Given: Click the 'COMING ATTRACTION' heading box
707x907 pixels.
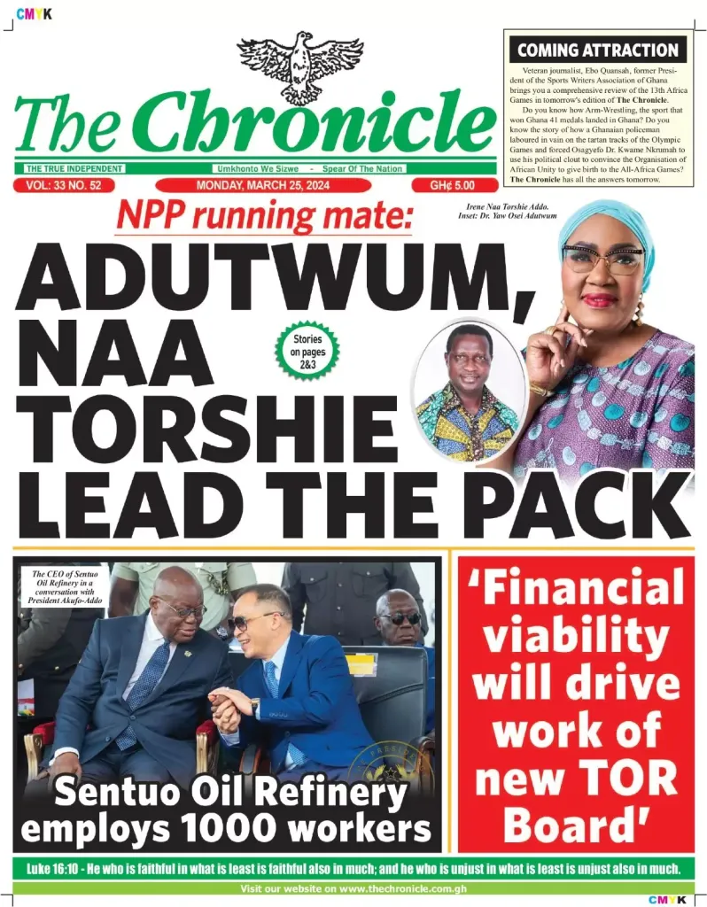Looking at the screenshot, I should click(x=599, y=50).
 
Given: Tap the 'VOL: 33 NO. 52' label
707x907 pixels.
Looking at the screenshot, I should click(x=58, y=185).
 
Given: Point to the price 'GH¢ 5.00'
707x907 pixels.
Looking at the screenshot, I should click(x=452, y=185).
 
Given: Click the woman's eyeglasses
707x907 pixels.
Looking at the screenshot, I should click(x=602, y=260).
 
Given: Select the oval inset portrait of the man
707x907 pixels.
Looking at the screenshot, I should click(x=468, y=390).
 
